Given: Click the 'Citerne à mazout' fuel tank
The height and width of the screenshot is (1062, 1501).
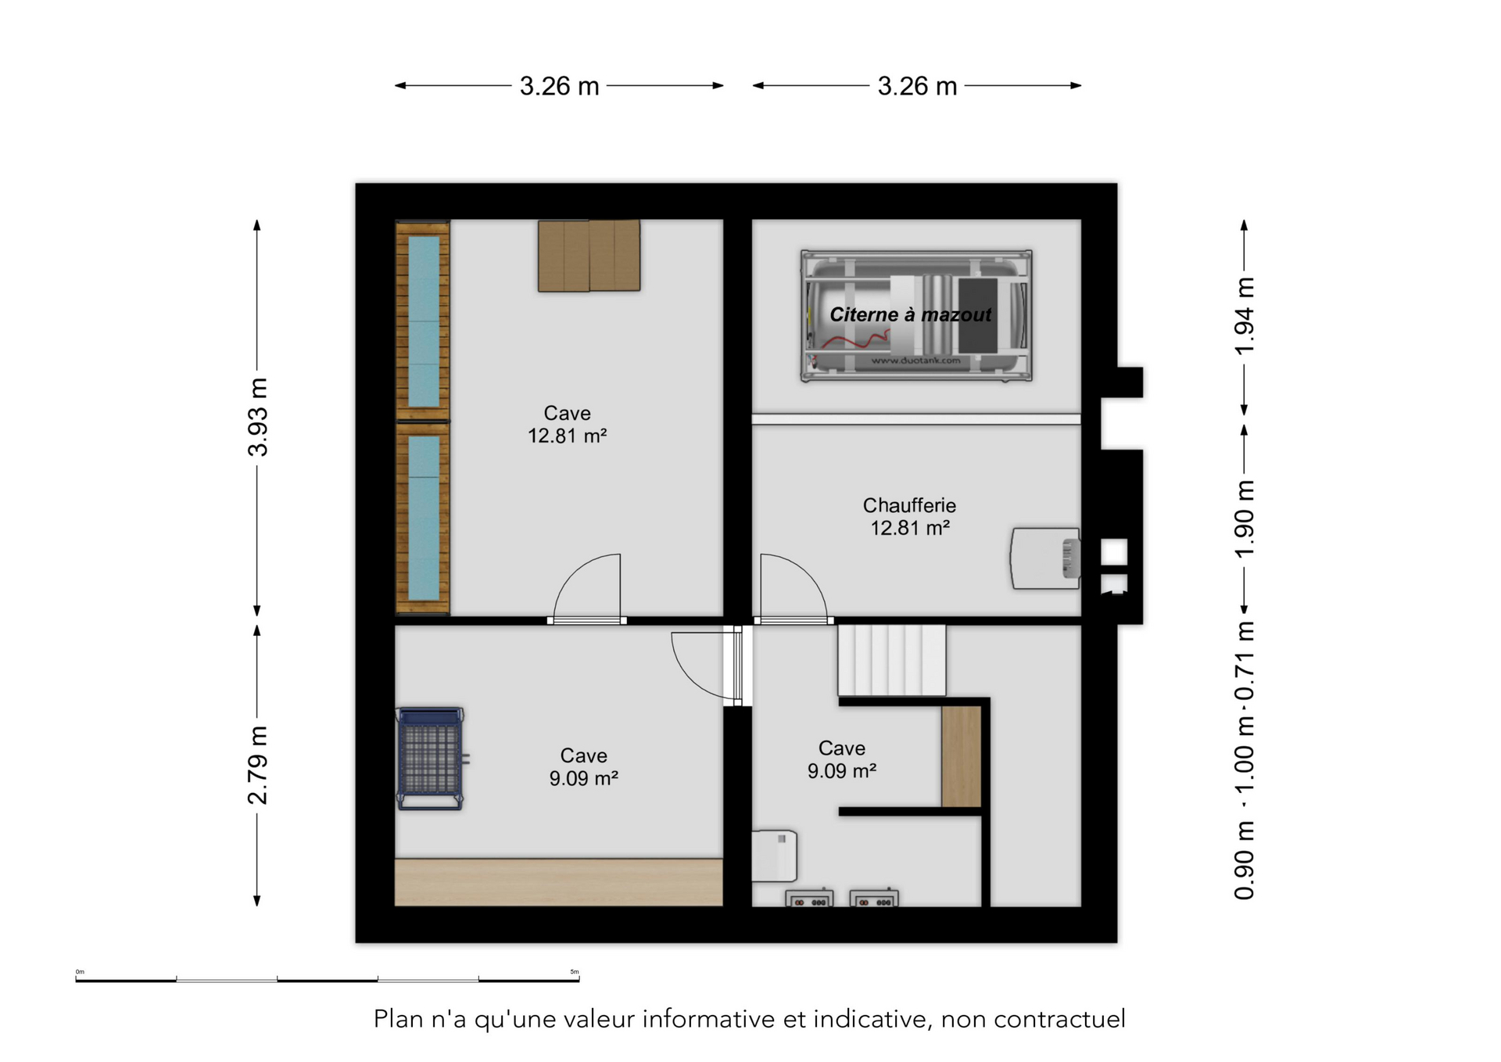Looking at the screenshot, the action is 916,315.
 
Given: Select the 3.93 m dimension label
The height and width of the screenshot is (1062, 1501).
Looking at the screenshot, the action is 257,417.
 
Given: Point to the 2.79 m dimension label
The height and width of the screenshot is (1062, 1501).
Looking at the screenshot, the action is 257,765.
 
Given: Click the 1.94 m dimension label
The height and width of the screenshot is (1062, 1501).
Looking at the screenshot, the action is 1244,316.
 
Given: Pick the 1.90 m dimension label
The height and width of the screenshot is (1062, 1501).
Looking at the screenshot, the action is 1244,519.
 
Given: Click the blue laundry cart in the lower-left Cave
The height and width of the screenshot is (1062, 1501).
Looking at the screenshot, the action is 432,758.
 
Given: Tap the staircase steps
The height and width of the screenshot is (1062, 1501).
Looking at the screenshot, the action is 892,660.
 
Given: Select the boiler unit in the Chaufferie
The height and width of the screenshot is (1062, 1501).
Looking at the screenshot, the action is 1045,558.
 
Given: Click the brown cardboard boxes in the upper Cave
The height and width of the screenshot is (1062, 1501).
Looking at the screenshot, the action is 589,256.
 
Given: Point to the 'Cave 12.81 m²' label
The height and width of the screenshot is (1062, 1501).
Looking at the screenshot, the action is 568,425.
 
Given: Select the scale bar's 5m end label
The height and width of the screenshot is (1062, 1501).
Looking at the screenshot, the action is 575,972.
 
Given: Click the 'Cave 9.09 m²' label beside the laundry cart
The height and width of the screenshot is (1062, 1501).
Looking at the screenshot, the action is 583,767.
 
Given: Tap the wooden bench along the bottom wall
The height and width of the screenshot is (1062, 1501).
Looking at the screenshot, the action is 558,882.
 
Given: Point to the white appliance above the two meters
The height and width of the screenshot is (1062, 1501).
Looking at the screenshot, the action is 774,856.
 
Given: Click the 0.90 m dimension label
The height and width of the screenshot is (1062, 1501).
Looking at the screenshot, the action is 1244,860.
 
